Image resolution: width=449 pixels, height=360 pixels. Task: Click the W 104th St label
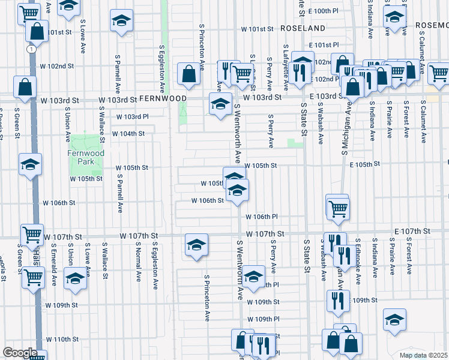click(127, 133)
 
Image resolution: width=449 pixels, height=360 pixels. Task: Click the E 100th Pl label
click(325, 11)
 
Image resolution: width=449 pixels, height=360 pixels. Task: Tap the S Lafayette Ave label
click(286, 66)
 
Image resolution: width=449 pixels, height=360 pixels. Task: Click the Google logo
click(20, 353)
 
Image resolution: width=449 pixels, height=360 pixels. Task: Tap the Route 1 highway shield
click(29, 50)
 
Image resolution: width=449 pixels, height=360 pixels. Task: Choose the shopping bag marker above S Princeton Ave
click(188, 74)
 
